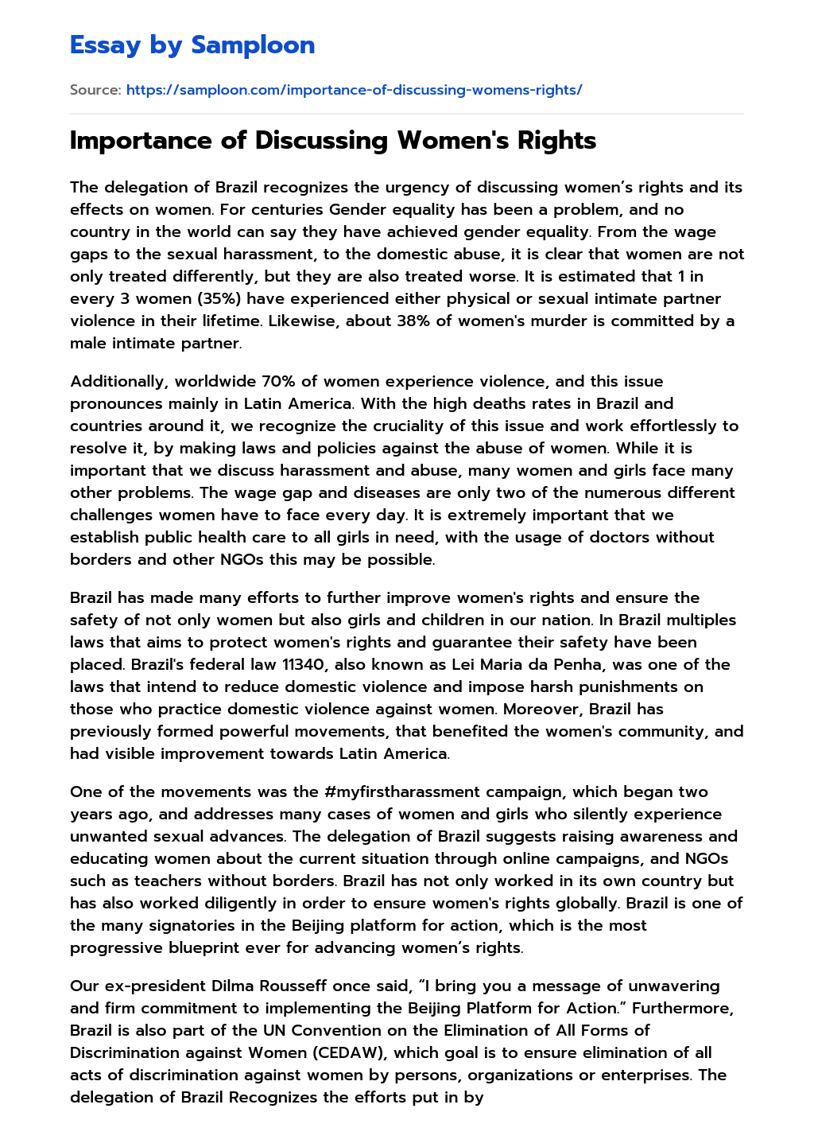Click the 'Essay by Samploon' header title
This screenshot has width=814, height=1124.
[192, 45]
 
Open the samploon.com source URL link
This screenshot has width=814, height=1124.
[354, 90]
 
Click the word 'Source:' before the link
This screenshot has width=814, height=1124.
[95, 90]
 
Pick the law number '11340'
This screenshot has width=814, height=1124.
[304, 664]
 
